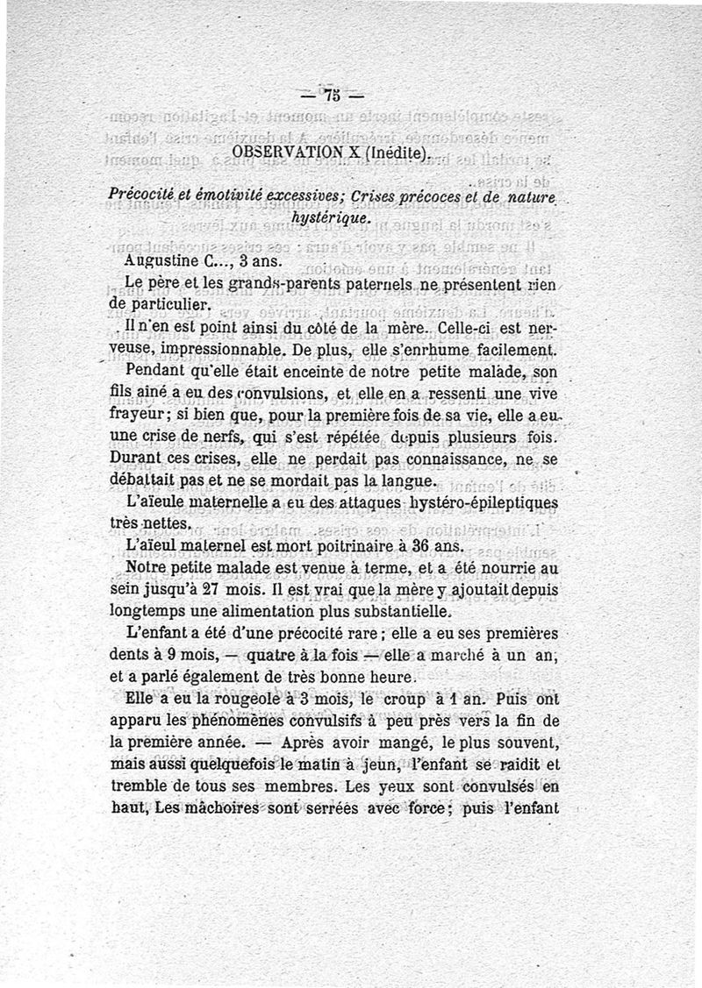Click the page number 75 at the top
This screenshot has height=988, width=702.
331,96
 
